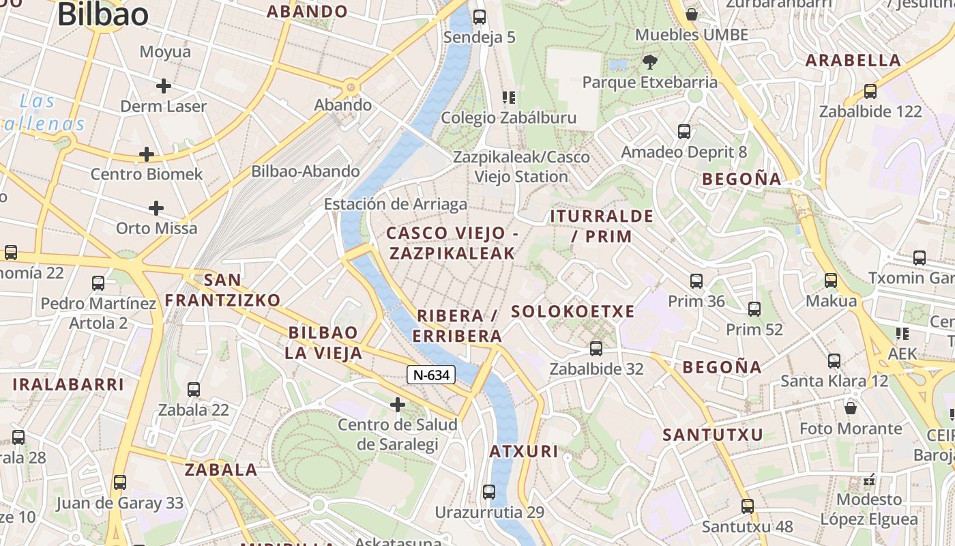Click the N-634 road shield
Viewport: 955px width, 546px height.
coord(431,375)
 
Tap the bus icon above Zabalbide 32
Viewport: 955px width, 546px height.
coord(596,349)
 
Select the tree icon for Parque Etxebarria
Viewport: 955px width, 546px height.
coord(650,62)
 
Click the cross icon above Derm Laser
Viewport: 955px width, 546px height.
coord(163,86)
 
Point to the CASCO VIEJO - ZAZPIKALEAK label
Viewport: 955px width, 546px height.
coord(452,243)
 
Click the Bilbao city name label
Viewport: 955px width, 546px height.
coord(102,15)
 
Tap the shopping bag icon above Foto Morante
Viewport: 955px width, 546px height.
coord(851,408)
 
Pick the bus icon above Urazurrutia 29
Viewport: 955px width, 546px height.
coord(488,491)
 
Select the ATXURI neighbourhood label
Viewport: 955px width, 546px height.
coord(524,451)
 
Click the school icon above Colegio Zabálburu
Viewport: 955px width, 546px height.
coord(508,98)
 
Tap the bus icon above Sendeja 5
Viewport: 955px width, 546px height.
coord(480,17)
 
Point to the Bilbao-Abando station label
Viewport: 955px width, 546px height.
coord(305,171)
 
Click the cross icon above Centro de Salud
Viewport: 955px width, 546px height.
coord(398,405)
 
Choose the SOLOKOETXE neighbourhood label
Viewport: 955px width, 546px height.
coord(572,312)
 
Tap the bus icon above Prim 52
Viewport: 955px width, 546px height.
coord(754,309)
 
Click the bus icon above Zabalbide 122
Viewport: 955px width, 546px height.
coord(870,91)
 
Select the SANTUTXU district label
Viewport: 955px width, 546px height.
coord(713,435)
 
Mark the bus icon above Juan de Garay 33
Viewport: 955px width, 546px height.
coord(120,483)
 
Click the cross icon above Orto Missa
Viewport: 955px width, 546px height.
coord(156,207)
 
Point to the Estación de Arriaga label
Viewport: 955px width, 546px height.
coord(395,204)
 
